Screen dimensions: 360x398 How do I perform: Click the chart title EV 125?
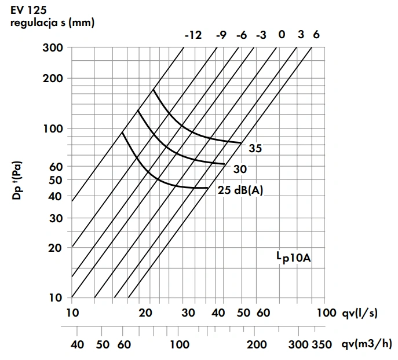click(x=28, y=9)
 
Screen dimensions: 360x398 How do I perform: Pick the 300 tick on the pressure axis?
click(x=53, y=47)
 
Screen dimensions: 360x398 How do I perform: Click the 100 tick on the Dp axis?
click(x=53, y=128)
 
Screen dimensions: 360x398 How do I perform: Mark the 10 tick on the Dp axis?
click(x=56, y=298)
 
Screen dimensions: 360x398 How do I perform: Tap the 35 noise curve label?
click(x=255, y=149)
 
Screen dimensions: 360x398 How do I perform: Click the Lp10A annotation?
click(x=293, y=256)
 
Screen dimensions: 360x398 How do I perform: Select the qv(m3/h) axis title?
click(x=366, y=345)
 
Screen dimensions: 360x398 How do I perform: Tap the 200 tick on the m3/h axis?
click(x=257, y=345)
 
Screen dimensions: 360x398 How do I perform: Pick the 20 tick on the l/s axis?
click(x=145, y=313)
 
